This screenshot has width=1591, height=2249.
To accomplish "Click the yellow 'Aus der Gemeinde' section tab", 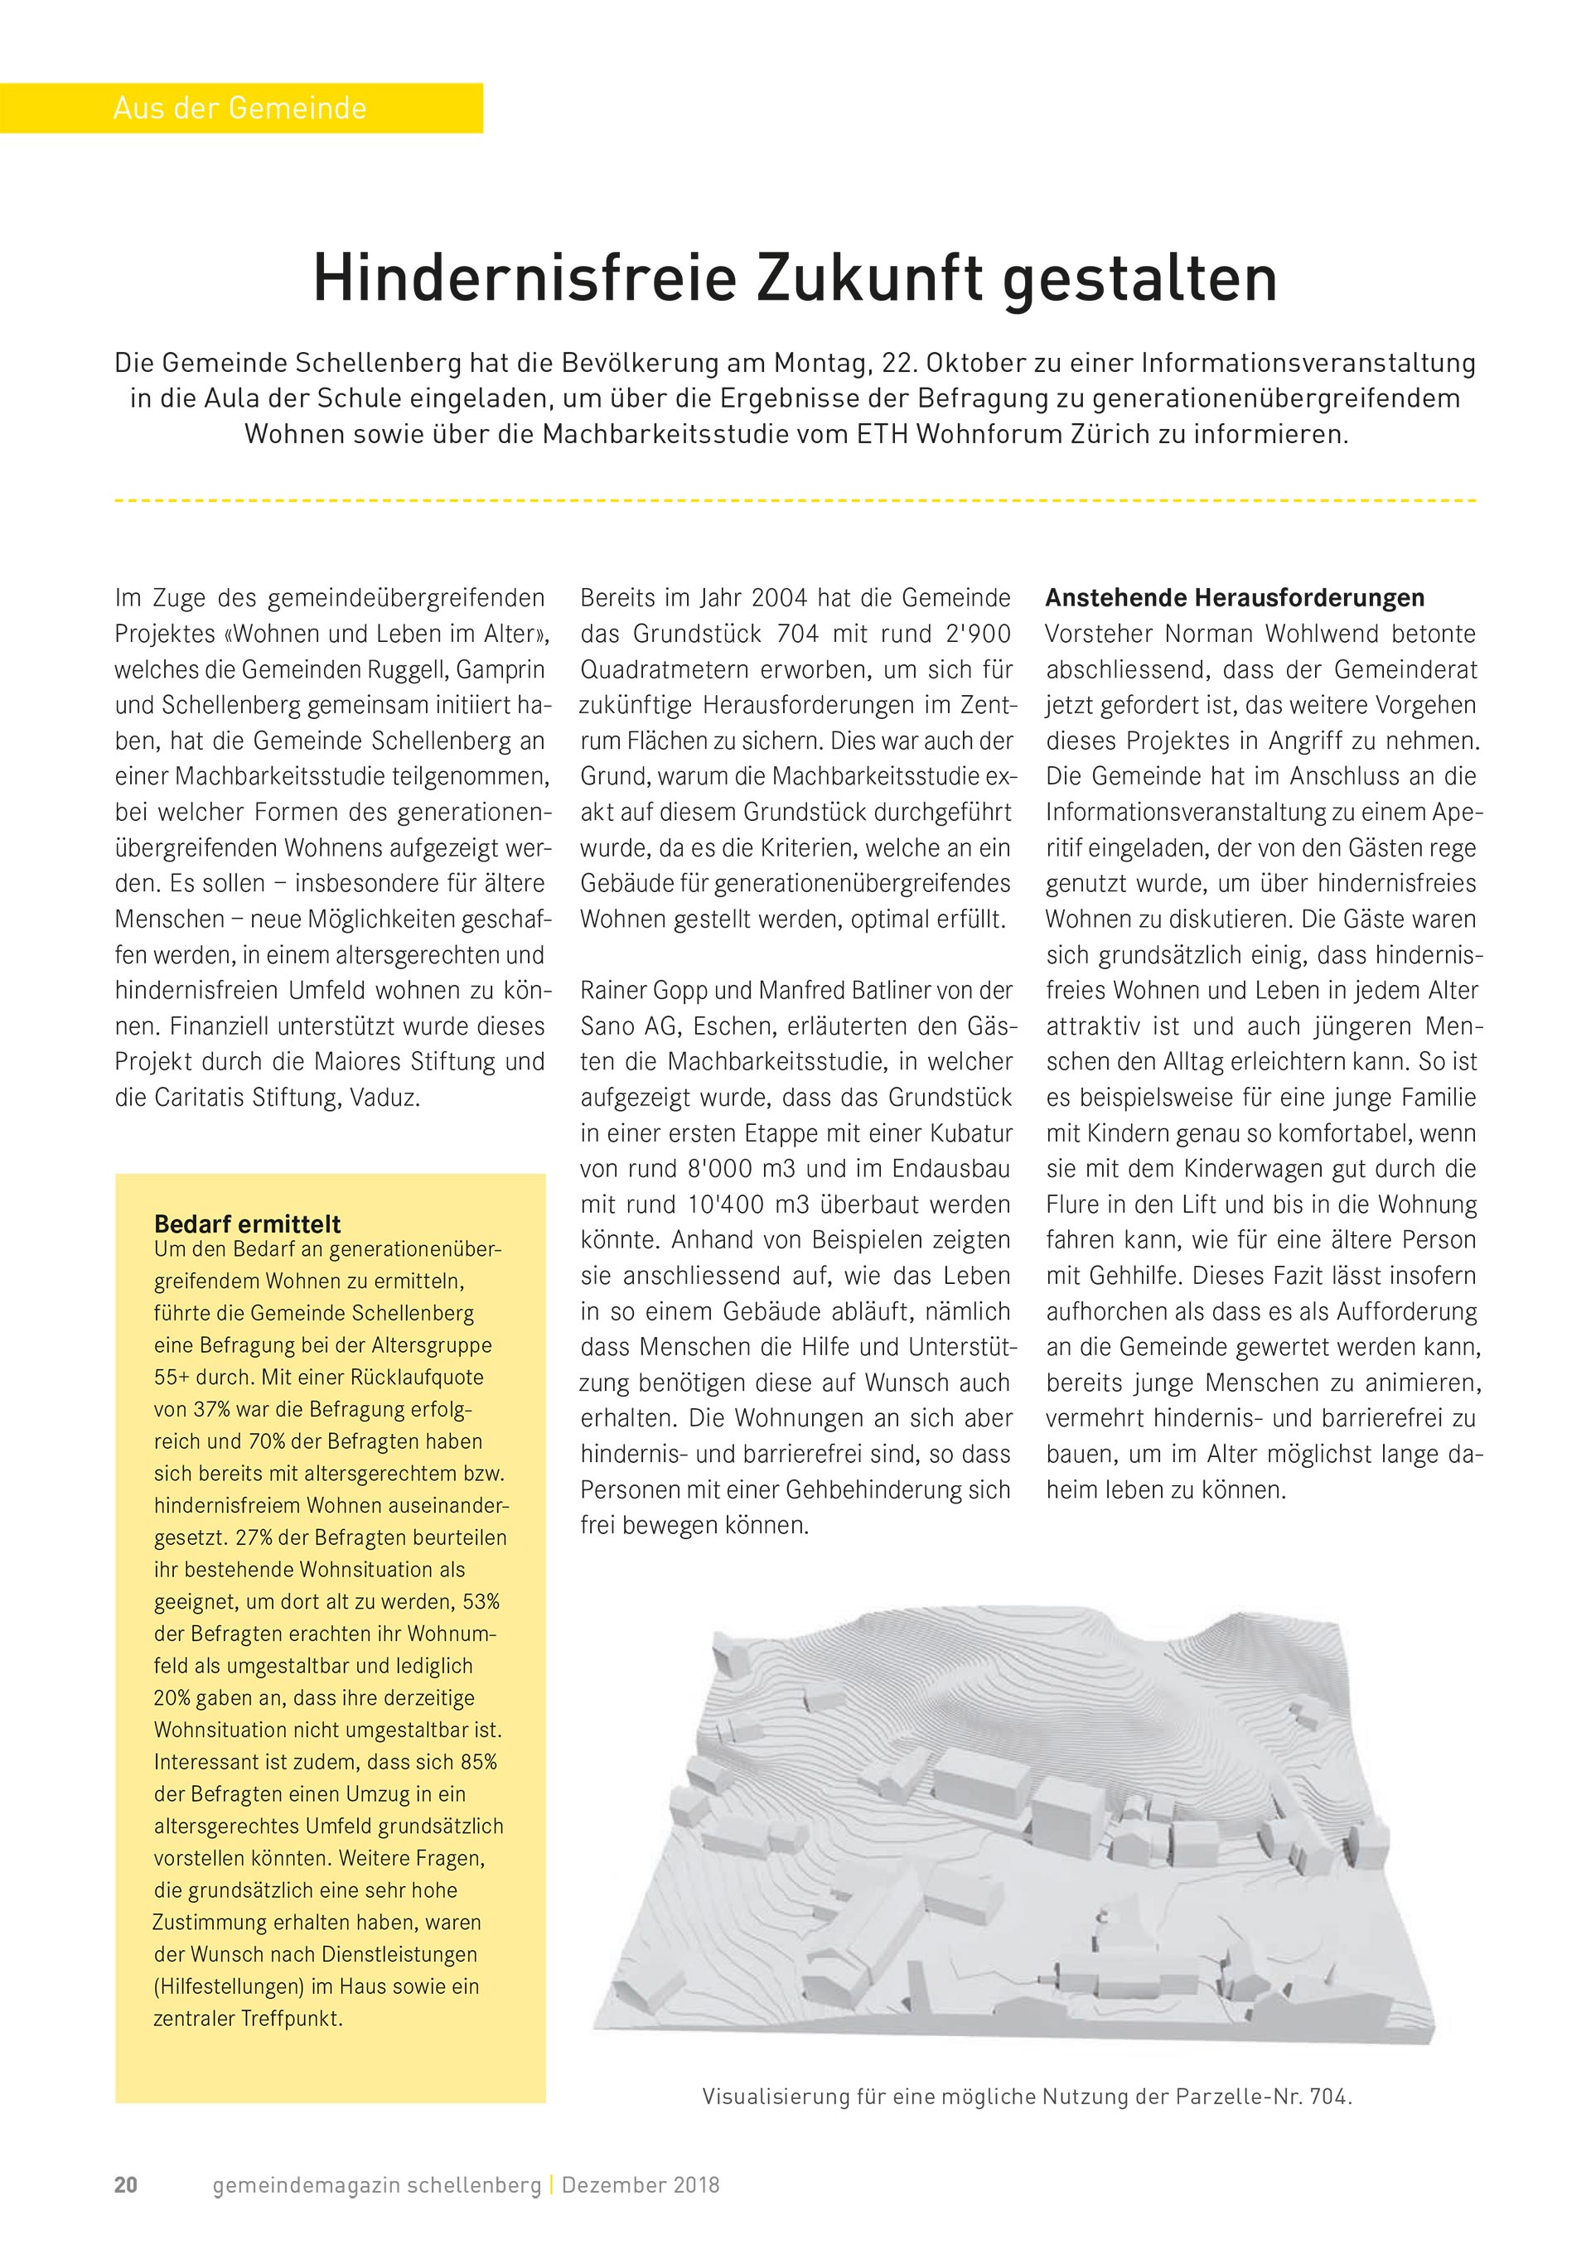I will (x=240, y=108).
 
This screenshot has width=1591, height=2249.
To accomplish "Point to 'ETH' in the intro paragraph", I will (x=882, y=434).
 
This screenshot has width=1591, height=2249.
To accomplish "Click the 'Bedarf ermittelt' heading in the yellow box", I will (x=247, y=1223).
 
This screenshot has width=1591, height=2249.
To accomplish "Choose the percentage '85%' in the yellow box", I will (x=478, y=1762).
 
